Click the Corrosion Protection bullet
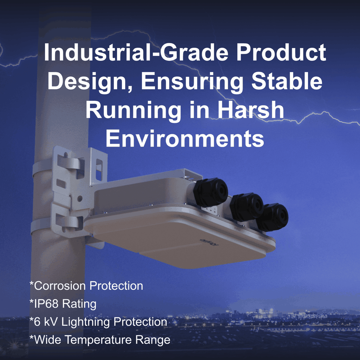pyautogui.click(x=86, y=285)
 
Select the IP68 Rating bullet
pyautogui.click(x=63, y=304)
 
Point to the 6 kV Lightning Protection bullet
pyautogui.click(x=98, y=322)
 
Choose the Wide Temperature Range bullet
pyautogui.click(x=100, y=340)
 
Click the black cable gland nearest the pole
pyautogui.click(x=210, y=192)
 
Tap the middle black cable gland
pyautogui.click(x=246, y=207)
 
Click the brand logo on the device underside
pyautogui.click(x=209, y=243)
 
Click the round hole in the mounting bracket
pyautogui.click(x=80, y=198)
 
